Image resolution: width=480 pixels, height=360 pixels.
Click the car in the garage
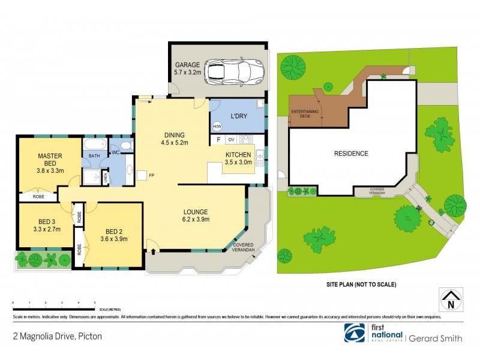235,71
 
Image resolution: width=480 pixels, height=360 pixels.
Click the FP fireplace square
141,175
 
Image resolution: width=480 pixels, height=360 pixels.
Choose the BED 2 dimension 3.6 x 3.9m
114,240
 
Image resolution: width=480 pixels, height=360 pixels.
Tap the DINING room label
175,135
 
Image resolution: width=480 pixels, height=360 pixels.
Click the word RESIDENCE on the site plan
351,154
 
